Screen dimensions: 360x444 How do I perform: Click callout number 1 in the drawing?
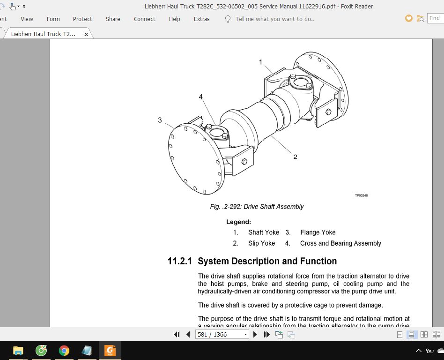click(261, 62)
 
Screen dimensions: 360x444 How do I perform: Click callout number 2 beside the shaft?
click(295, 157)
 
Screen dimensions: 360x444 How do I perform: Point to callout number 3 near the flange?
click(160, 120)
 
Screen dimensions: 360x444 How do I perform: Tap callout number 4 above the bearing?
click(200, 97)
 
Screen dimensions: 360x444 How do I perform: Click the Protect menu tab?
click(82, 19)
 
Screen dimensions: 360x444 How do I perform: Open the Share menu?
click(113, 19)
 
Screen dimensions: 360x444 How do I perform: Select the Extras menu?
click(201, 19)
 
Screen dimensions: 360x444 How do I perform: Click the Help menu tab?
click(174, 19)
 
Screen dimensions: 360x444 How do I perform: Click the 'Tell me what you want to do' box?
click(274, 19)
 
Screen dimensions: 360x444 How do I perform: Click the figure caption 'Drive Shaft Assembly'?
click(257, 207)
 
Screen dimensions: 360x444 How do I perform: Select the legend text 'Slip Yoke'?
click(261, 243)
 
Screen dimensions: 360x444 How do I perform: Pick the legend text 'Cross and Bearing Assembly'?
click(340, 243)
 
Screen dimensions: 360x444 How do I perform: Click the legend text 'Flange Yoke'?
click(318, 232)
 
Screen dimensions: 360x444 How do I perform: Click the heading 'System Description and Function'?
click(267, 261)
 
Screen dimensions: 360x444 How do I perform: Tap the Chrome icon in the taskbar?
click(64, 350)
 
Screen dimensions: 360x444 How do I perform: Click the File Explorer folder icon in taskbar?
click(18, 350)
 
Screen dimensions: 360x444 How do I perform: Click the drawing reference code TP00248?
click(361, 195)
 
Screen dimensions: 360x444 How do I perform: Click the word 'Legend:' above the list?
click(238, 222)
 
